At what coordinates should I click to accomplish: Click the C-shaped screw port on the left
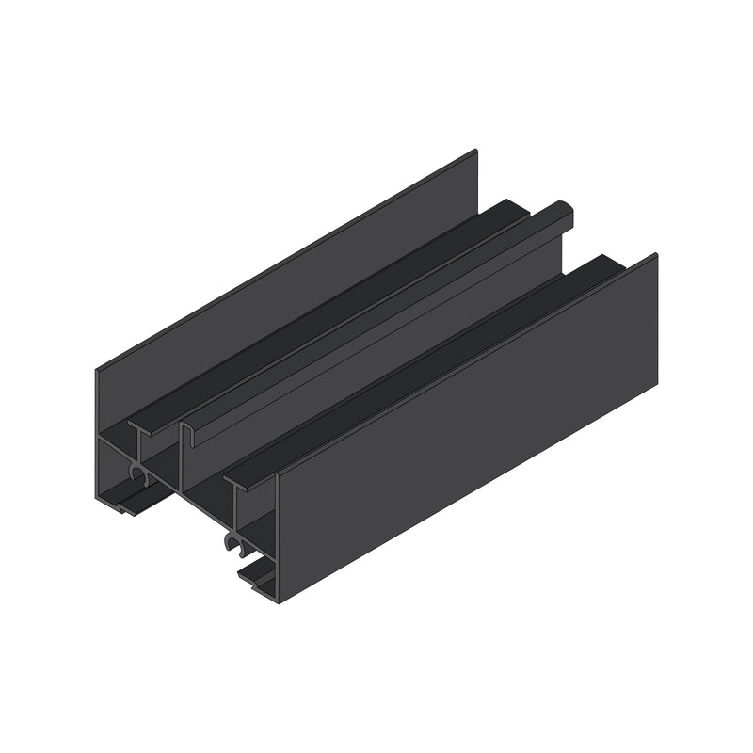click(139, 475)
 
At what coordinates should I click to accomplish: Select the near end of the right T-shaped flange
click(235, 482)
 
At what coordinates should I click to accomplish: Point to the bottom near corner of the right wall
click(279, 601)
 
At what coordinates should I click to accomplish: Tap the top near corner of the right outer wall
click(278, 474)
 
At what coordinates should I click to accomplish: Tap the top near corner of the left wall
click(97, 370)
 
